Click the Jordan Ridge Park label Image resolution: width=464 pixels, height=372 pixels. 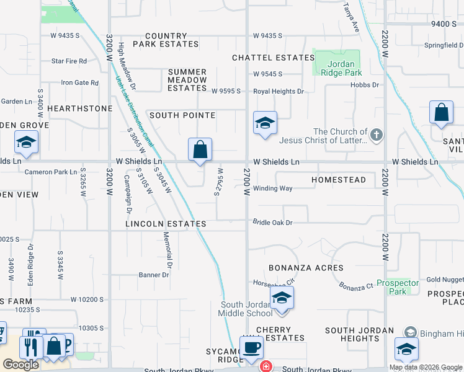coord(337,68)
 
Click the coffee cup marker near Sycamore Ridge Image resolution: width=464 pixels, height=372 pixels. coord(251,347)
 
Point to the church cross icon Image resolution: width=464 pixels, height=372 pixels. coord(375,135)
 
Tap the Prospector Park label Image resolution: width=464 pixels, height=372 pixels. coord(398,287)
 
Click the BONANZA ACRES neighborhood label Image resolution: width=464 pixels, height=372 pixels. coord(306,268)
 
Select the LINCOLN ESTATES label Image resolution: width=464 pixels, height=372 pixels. coord(166,224)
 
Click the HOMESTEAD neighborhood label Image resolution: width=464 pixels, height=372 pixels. coord(339,180)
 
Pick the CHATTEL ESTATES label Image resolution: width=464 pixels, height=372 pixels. coord(274,58)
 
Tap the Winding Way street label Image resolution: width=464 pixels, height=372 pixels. coord(272,188)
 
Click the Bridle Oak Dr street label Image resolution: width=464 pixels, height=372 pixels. coord(272,222)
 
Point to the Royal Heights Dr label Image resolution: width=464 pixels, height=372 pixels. coord(279,92)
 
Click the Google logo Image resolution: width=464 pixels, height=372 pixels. coord(20,365)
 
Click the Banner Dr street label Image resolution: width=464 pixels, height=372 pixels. coord(154,275)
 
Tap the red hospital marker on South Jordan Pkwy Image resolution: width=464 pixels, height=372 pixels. coord(265,366)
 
